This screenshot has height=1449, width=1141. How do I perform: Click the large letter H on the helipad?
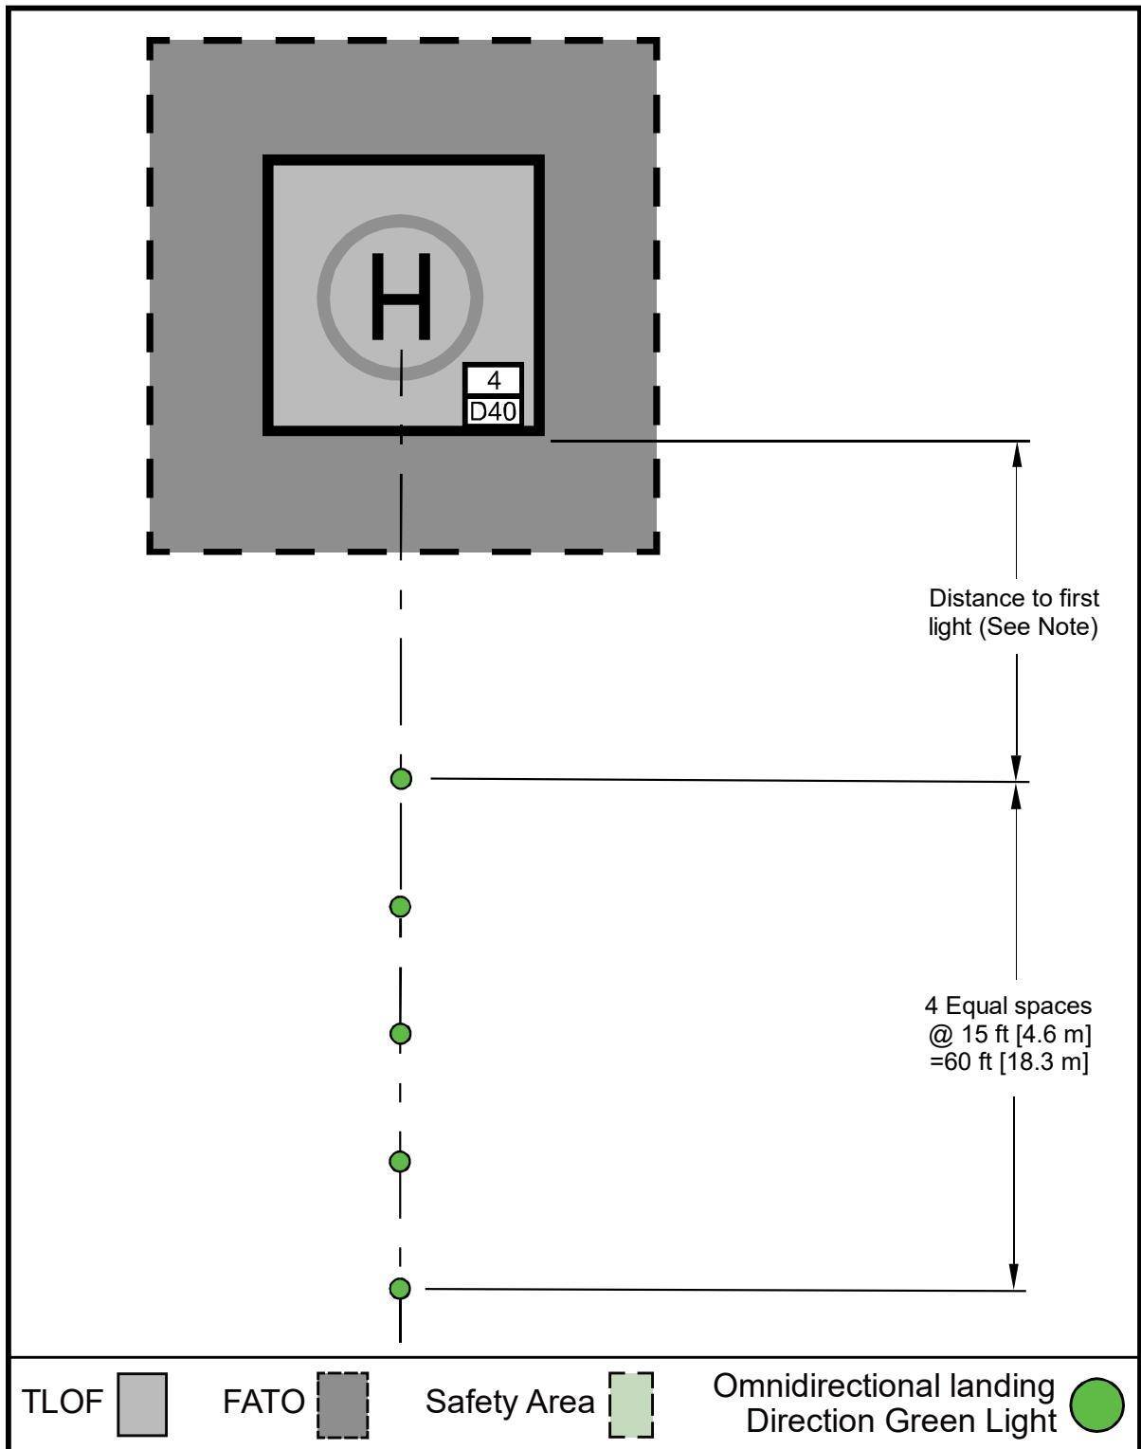pyautogui.click(x=401, y=297)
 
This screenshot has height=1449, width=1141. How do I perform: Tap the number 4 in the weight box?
pyautogui.click(x=494, y=381)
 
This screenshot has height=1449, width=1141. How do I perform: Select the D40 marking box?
pyautogui.click(x=493, y=411)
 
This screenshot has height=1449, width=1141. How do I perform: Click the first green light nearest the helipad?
pyautogui.click(x=402, y=779)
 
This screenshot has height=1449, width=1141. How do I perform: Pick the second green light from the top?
pyautogui.click(x=401, y=907)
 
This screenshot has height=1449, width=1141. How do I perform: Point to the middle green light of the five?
pyautogui.click(x=401, y=1034)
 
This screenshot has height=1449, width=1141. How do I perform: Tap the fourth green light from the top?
pyautogui.click(x=400, y=1162)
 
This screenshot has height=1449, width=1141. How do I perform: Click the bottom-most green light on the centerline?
pyautogui.click(x=400, y=1289)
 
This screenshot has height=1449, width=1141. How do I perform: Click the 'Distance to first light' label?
pyautogui.click(x=1014, y=612)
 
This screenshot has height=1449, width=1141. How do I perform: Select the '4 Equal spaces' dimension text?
pyautogui.click(x=1008, y=1005)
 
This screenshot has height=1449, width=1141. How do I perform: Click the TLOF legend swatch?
pyautogui.click(x=142, y=1404)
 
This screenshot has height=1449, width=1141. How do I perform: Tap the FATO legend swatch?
pyautogui.click(x=343, y=1404)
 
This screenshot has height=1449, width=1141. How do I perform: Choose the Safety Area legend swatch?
pyautogui.click(x=631, y=1404)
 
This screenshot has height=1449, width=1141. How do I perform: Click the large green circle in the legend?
pyautogui.click(x=1097, y=1405)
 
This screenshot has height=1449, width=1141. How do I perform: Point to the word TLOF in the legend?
pyautogui.click(x=62, y=1402)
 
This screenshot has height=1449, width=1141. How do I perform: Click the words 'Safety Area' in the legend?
pyautogui.click(x=510, y=1402)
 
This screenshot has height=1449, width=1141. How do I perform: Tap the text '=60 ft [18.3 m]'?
pyautogui.click(x=1009, y=1061)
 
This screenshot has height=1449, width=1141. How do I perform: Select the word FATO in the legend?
pyautogui.click(x=263, y=1402)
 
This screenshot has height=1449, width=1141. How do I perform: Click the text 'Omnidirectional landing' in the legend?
pyautogui.click(x=883, y=1387)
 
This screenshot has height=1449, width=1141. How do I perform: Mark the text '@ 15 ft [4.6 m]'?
pyautogui.click(x=1009, y=1034)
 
